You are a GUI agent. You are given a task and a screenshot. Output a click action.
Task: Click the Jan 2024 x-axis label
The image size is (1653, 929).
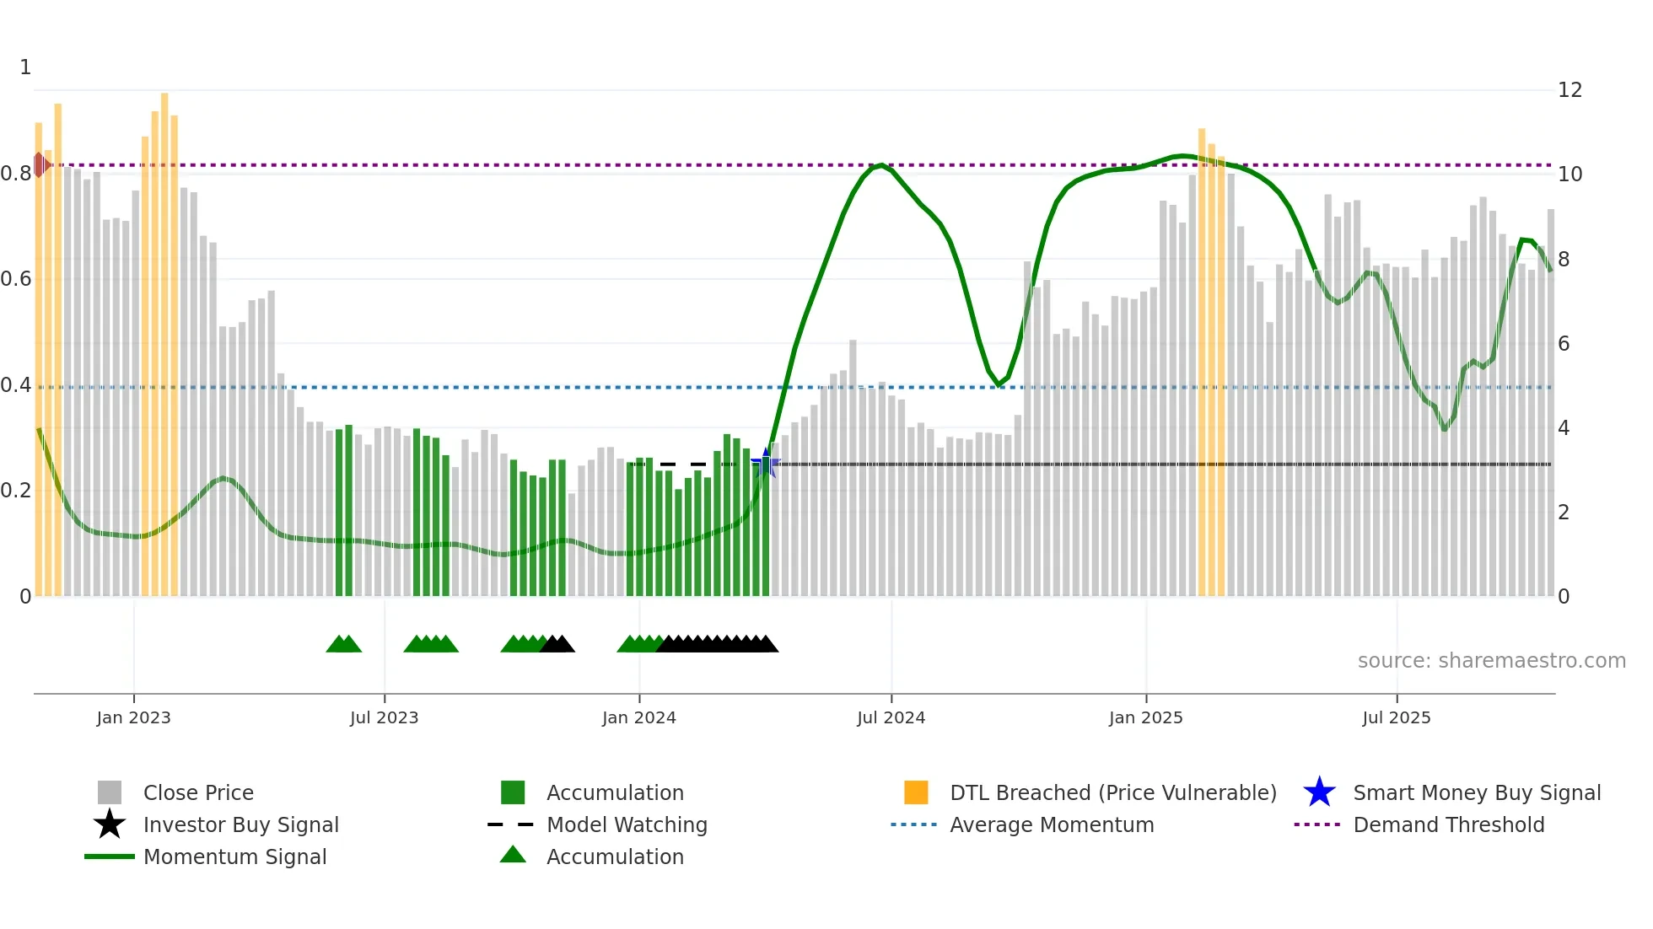(x=638, y=717)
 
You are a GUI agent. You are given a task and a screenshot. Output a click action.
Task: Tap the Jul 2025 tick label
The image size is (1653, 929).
(x=1396, y=717)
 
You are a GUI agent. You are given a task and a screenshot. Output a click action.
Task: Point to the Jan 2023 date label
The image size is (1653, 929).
(x=133, y=717)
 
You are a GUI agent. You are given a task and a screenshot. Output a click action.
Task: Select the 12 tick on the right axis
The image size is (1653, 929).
(x=1570, y=90)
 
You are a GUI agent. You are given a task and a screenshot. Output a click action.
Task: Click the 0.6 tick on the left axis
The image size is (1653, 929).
(x=17, y=279)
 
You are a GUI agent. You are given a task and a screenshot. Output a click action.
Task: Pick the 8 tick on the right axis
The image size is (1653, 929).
(x=1564, y=260)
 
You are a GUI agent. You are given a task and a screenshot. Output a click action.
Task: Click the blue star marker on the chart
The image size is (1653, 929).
(x=766, y=463)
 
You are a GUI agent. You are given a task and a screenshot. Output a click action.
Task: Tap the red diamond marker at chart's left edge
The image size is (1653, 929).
(x=40, y=164)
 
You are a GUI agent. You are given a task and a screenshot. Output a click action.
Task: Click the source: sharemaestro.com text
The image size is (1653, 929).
(x=1491, y=661)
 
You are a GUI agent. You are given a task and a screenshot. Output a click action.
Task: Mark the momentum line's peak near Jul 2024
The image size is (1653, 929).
(x=880, y=165)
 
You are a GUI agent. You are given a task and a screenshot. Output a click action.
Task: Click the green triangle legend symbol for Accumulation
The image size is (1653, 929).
(x=513, y=855)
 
